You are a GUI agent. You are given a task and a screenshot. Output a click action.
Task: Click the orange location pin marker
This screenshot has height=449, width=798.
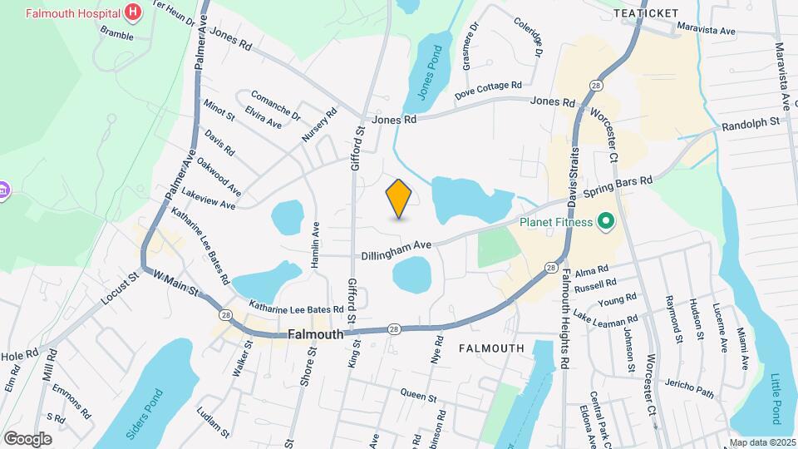click(399, 198)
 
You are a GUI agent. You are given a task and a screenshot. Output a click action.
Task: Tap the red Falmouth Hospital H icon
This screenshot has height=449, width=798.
click(132, 12)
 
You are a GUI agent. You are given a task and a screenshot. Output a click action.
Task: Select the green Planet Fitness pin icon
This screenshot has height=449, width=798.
click(606, 222)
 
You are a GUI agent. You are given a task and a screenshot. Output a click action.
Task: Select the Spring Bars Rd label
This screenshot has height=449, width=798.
click(618, 180)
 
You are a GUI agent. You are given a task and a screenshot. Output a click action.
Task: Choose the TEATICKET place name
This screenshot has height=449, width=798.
click(646, 13)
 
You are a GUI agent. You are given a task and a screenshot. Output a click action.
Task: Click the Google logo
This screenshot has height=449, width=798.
click(27, 439)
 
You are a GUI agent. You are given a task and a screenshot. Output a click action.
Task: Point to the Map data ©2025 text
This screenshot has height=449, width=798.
click(761, 443)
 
